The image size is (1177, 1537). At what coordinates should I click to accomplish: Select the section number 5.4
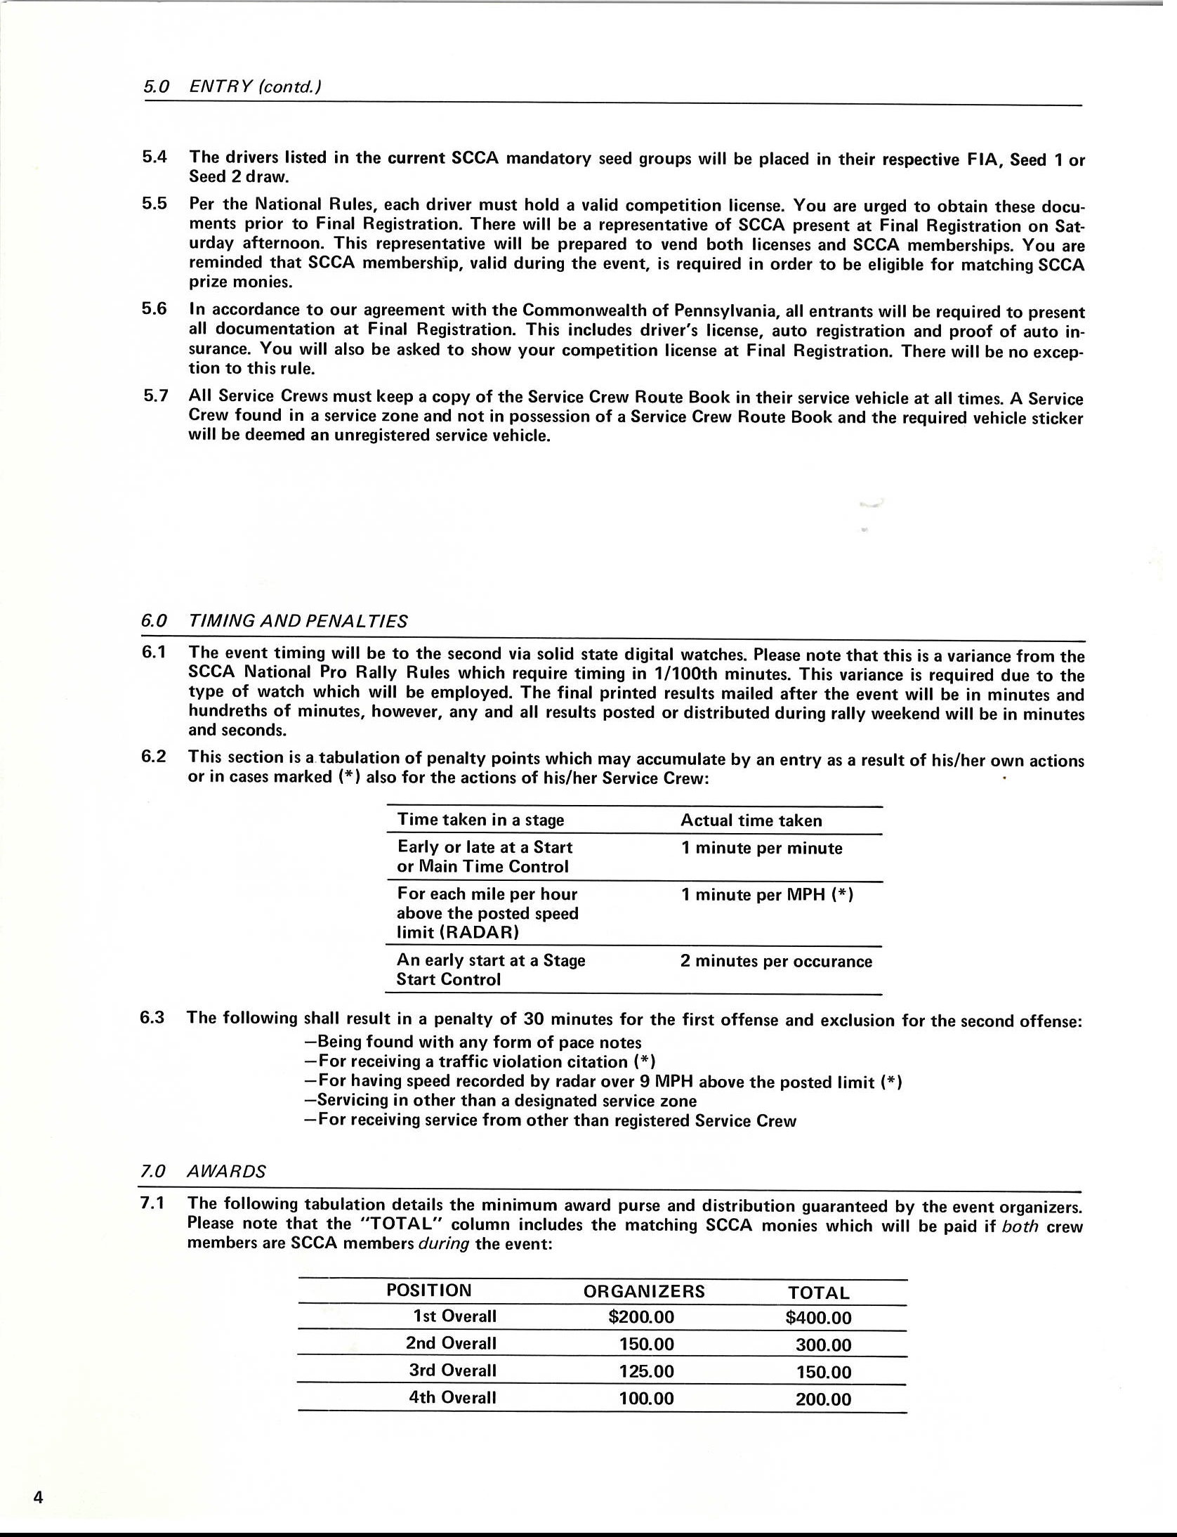tap(154, 157)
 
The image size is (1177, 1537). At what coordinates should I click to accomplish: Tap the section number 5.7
tap(155, 395)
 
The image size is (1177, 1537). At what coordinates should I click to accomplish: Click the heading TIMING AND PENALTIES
tap(298, 621)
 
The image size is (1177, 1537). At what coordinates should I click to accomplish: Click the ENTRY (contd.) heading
tap(256, 87)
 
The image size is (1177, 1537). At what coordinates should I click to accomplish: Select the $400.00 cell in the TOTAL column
tap(818, 1318)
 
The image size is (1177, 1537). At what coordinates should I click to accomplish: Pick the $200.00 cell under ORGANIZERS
tap(641, 1316)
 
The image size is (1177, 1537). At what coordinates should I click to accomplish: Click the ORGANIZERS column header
tap(644, 1291)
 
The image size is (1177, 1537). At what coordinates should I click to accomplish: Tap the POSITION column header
tap(429, 1290)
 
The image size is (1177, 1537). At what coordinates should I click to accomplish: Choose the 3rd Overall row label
tap(453, 1371)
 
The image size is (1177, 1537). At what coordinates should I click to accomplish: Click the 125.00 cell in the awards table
tap(646, 1371)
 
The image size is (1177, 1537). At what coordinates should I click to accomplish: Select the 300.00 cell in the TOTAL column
tap(823, 1345)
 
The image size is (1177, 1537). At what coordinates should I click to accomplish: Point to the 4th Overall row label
tap(453, 1398)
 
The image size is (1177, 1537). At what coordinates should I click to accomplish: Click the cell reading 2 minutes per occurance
tap(776, 961)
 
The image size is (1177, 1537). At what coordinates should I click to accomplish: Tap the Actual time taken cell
tap(751, 820)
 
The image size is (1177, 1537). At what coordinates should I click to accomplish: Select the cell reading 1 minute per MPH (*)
tap(767, 896)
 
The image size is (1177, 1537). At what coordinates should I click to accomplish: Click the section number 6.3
tap(152, 1017)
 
